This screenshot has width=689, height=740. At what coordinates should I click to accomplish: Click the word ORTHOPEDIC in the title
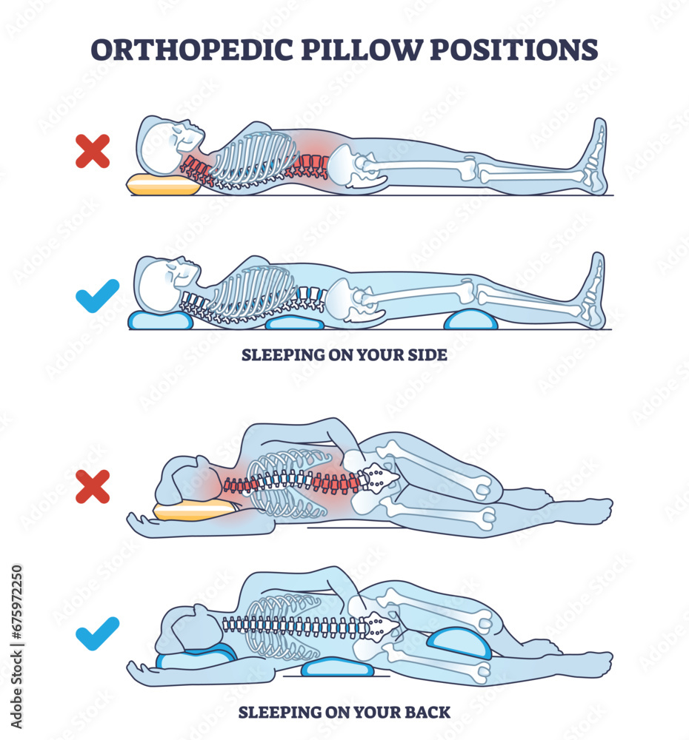(x=189, y=50)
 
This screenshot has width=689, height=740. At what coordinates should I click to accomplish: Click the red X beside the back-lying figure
(x=93, y=151)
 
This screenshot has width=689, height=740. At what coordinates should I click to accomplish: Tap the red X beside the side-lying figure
(x=93, y=486)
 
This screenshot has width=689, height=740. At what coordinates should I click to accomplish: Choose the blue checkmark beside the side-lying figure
(x=97, y=632)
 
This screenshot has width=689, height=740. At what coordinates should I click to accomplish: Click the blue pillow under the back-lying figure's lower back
(x=294, y=323)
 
